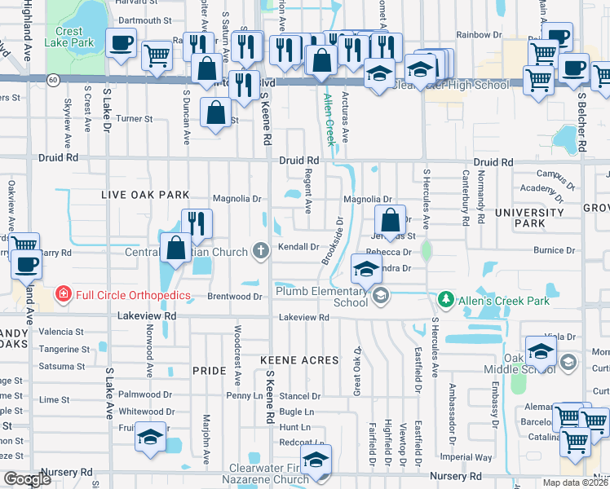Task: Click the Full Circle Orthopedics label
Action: (133, 294)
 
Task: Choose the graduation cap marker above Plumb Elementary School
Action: (366, 268)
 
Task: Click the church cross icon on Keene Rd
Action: (261, 250)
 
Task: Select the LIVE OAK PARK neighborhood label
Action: (145, 195)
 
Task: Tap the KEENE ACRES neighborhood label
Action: (298, 359)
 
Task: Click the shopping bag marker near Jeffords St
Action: (391, 219)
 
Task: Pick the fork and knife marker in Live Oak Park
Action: (197, 223)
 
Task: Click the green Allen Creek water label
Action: (329, 119)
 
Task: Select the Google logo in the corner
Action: (28, 480)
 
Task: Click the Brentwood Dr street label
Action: (234, 297)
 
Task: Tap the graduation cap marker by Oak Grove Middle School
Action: (541, 351)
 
